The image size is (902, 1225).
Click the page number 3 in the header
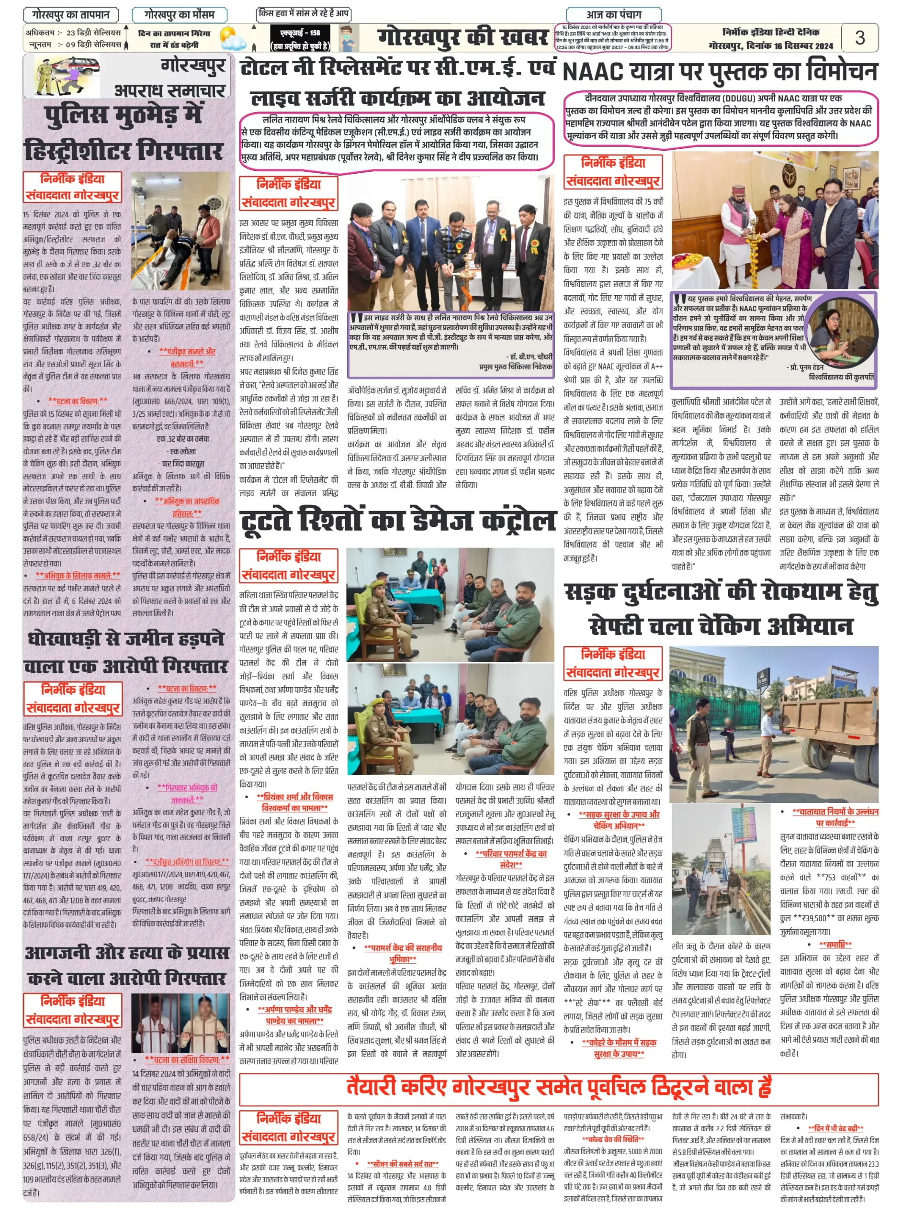(x=859, y=38)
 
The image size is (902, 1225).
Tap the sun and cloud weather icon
(x=233, y=38)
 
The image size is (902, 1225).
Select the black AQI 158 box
(x=300, y=39)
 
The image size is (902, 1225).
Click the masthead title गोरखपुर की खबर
(x=462, y=38)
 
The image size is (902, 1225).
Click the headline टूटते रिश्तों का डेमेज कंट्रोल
(x=397, y=520)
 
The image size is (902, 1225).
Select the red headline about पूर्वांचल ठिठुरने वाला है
(x=558, y=1086)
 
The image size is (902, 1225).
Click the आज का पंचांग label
(x=614, y=14)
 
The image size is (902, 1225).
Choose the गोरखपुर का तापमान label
(x=70, y=14)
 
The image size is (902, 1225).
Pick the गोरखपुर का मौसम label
(x=179, y=14)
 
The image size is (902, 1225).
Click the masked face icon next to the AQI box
(x=347, y=39)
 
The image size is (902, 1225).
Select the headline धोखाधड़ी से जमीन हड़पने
(x=125, y=638)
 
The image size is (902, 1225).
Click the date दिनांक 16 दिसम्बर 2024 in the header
(x=770, y=46)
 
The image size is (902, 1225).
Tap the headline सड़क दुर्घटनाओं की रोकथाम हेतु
(x=721, y=592)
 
